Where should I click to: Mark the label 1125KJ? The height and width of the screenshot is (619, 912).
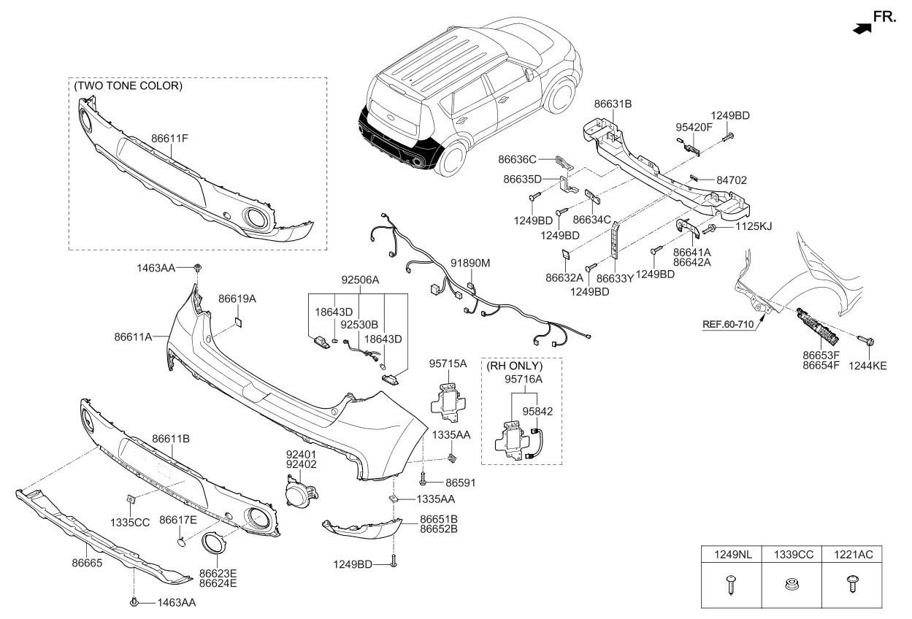[x=753, y=227]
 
